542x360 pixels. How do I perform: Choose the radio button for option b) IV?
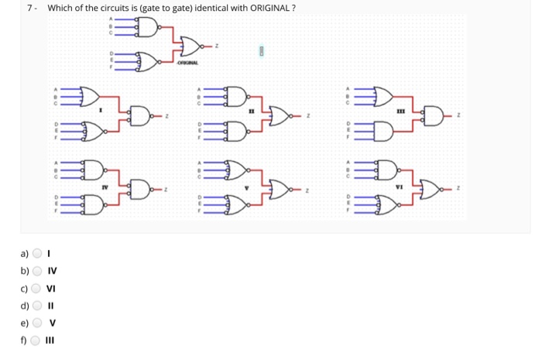37,271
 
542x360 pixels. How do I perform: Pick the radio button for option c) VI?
37,288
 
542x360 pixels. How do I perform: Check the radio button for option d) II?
37,305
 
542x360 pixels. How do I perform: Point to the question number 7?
29,9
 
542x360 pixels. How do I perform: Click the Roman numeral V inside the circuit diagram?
249,185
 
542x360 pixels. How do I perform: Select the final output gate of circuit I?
140,115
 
